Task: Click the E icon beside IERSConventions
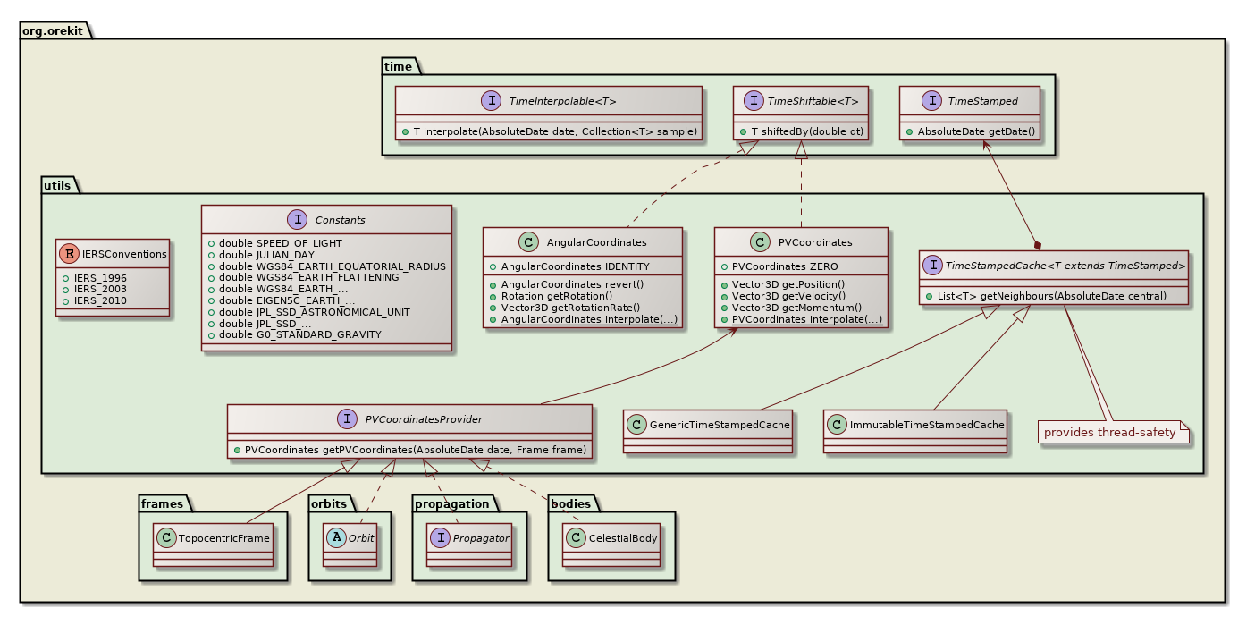(69, 254)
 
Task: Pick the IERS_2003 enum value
(101, 289)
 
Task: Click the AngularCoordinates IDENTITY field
(575, 266)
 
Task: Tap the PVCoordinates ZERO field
(777, 266)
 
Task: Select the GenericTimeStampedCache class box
(708, 425)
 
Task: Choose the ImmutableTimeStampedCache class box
(914, 425)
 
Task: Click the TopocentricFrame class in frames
(213, 538)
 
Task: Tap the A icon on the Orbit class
(332, 538)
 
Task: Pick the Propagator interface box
(469, 538)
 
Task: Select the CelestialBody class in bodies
(611, 538)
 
